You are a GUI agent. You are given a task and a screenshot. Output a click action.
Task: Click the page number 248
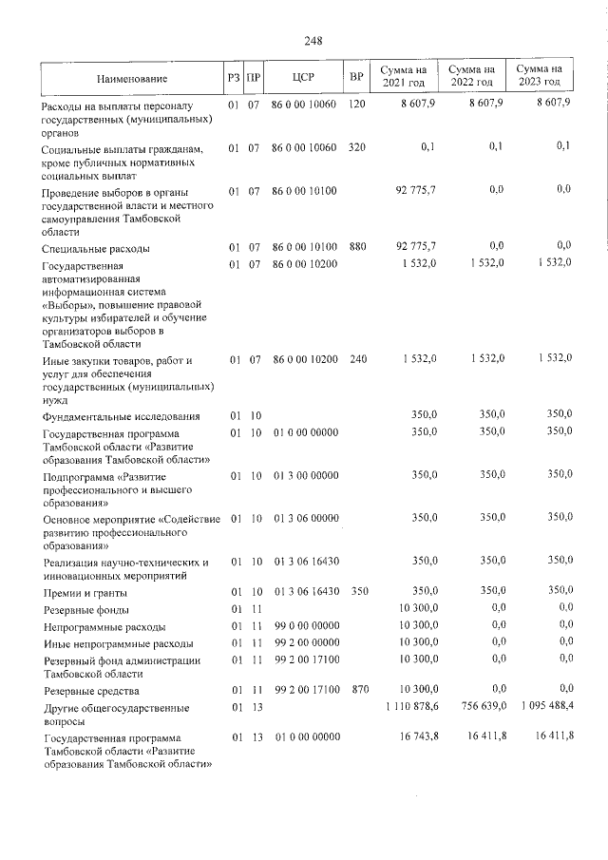coord(313,40)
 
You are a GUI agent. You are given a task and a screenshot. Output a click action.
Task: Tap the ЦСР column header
coord(303,76)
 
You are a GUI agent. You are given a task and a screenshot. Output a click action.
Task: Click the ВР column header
coord(355,76)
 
